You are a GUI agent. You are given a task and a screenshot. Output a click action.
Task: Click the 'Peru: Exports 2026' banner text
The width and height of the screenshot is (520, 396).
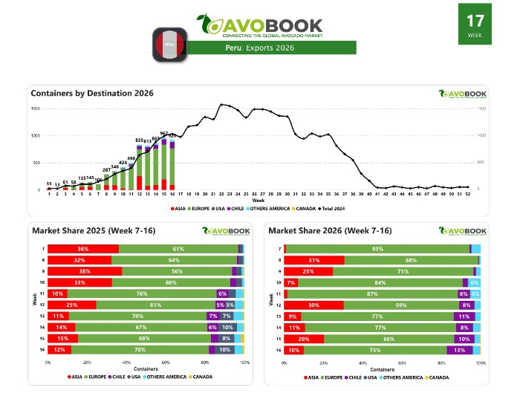(x=260, y=48)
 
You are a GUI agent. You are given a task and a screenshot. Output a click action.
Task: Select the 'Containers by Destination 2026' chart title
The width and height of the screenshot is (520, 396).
(x=91, y=93)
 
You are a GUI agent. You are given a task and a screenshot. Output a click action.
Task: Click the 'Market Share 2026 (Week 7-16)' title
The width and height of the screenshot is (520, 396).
(x=330, y=230)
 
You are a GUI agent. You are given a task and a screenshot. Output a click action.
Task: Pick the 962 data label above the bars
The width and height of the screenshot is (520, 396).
(x=163, y=134)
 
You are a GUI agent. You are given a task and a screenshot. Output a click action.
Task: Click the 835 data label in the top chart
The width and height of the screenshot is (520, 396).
(x=139, y=140)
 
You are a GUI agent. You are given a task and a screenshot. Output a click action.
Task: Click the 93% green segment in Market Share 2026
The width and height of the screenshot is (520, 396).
(x=378, y=249)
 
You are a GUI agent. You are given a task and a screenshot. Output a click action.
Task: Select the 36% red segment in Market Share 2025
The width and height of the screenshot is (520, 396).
(x=83, y=249)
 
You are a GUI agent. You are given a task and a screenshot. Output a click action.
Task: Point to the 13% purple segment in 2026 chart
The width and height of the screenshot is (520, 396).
(x=459, y=350)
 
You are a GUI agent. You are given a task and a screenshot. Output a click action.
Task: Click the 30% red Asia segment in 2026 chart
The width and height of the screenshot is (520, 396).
(x=313, y=305)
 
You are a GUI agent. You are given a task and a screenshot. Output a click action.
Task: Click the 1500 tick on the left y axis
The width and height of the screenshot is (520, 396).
(x=36, y=109)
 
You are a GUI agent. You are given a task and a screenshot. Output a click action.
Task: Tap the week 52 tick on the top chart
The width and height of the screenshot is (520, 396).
(x=467, y=194)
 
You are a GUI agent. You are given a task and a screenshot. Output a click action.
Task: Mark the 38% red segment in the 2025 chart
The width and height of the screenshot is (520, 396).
(x=85, y=271)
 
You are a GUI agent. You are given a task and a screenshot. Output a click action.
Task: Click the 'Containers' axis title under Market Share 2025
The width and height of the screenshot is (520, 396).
(x=145, y=369)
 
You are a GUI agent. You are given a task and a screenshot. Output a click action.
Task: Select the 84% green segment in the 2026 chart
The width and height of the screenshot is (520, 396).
(x=380, y=282)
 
